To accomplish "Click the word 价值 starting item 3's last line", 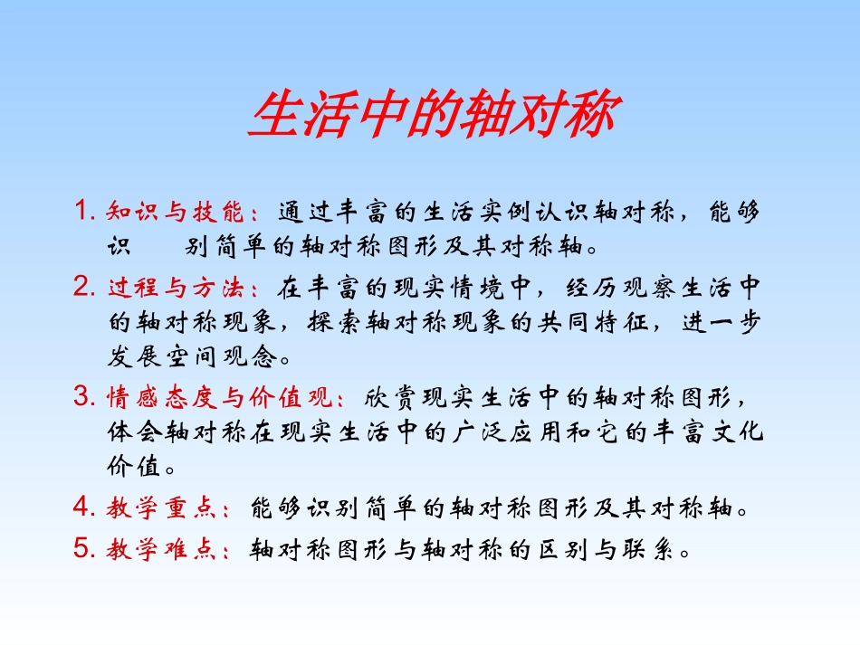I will [132, 468].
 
